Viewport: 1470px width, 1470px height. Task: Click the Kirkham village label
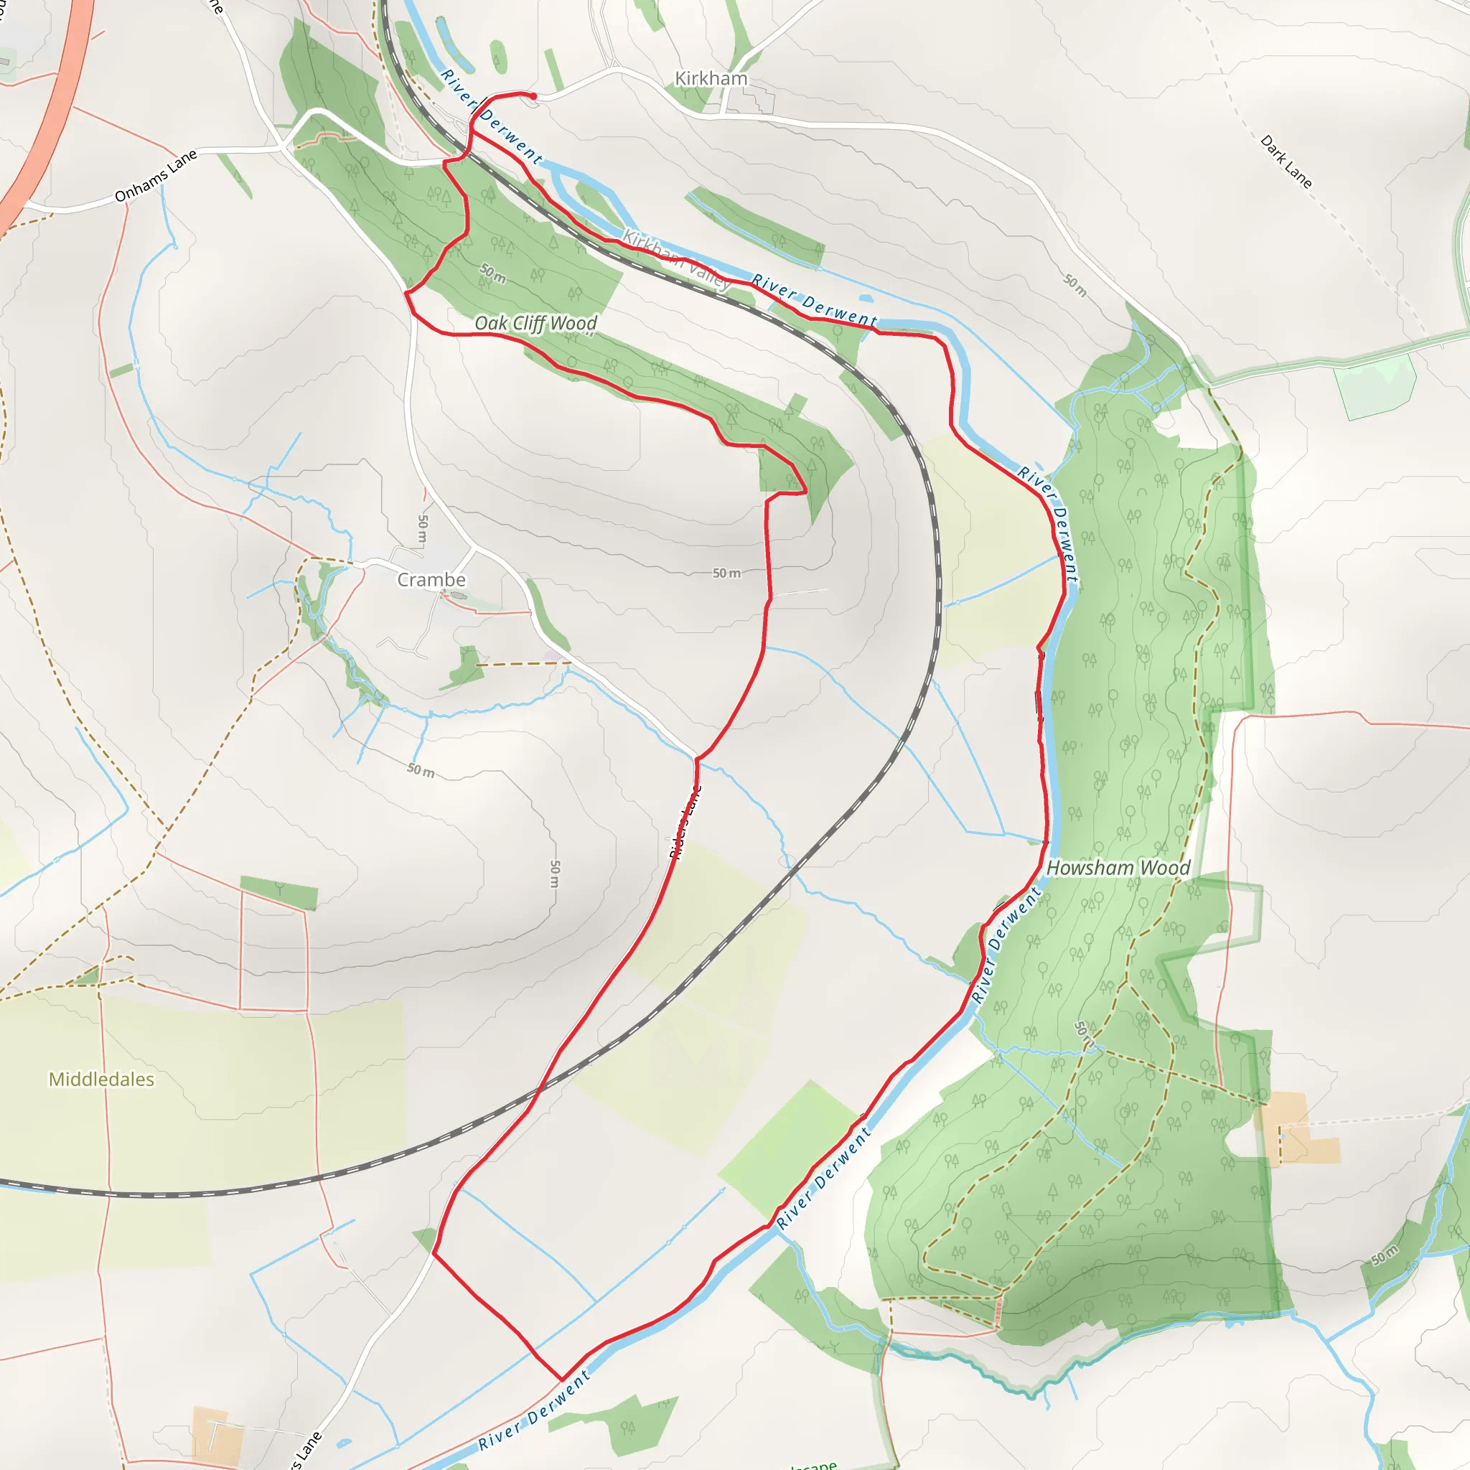pos(711,78)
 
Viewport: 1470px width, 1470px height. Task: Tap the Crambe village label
pos(431,580)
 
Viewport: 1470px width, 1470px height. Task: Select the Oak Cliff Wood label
pos(535,324)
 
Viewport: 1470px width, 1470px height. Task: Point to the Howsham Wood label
pos(1118,869)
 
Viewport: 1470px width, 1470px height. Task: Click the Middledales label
pos(101,1079)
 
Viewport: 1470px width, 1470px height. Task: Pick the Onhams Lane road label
pos(156,176)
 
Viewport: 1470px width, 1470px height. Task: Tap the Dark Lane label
pos(1286,161)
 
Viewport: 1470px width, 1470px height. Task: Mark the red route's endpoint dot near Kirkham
pos(533,96)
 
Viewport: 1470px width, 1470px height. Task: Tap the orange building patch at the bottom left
pos(218,1433)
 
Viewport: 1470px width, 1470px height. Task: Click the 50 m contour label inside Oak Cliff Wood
pos(493,273)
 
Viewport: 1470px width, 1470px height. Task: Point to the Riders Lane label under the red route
pos(685,822)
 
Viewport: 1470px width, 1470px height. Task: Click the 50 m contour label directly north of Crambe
pos(423,528)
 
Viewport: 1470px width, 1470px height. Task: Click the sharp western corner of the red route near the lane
pos(406,292)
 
